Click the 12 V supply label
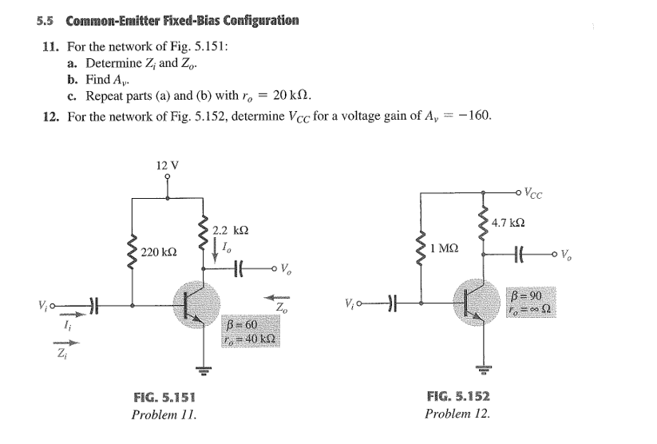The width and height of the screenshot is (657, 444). pyautogui.click(x=168, y=165)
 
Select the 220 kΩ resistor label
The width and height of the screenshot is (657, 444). pyautogui.click(x=158, y=252)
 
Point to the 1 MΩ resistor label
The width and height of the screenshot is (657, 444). pyautogui.click(x=444, y=248)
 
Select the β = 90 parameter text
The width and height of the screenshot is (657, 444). pyautogui.click(x=525, y=296)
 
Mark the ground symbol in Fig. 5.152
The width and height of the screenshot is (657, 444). pyautogui.click(x=481, y=369)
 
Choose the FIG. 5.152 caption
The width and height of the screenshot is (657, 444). pyautogui.click(x=458, y=397)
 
